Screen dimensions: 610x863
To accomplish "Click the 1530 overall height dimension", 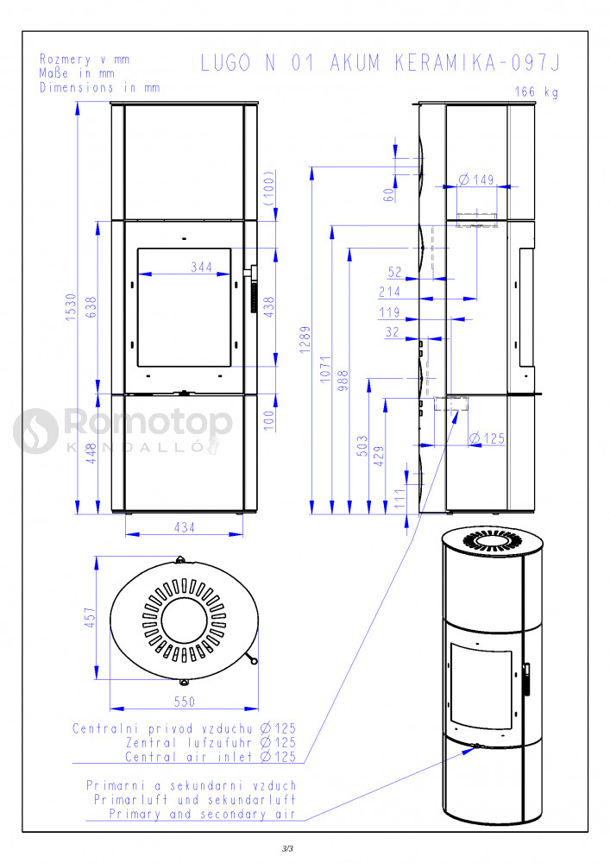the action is point(71,307).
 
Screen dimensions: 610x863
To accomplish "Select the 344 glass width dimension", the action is point(201,267).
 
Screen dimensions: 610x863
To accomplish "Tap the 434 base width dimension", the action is point(185,527).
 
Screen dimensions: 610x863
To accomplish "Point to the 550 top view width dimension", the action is point(185,702).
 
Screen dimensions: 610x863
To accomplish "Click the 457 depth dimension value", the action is point(90,618).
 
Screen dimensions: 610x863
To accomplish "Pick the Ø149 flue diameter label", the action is point(476,180).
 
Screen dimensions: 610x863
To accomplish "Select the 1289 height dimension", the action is point(305,339).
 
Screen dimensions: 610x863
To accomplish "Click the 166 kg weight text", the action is point(537,92).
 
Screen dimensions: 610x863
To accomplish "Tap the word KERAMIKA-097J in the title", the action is point(477,63).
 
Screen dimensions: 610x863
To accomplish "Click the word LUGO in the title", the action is point(225,63).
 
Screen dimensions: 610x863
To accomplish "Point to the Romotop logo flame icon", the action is point(35,431).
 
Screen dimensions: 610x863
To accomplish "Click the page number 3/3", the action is point(287,848).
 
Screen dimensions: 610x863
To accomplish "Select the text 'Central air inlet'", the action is point(191,757).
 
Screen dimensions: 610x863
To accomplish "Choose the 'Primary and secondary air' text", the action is point(203,814).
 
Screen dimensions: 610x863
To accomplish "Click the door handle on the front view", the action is point(255,288).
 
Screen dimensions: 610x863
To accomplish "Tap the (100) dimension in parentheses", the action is point(269,187).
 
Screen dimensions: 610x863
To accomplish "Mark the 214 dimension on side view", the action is point(389,292).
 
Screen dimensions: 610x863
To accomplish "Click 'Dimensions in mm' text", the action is point(99,87).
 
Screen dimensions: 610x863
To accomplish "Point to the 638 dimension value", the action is point(91,307).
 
